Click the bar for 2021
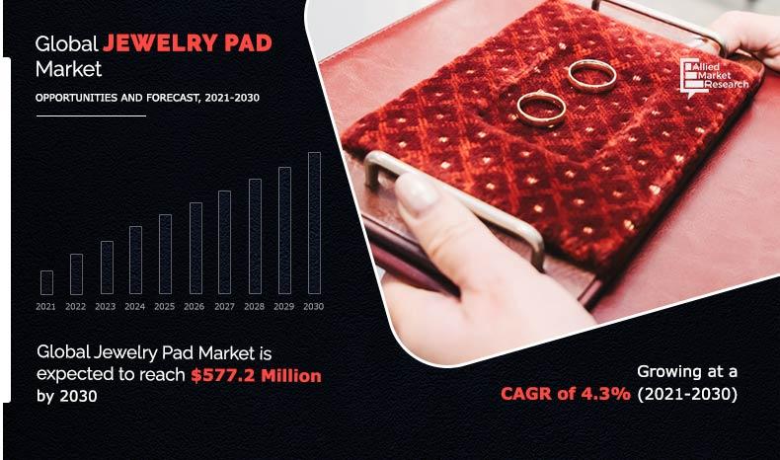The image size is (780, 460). point(46,282)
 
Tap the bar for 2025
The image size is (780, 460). point(165,254)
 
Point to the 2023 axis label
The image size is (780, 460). point(106,307)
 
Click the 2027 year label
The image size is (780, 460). point(224,307)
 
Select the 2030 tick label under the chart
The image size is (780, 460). point(314,307)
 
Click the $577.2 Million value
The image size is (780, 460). point(257,376)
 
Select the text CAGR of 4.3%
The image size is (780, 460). point(565,394)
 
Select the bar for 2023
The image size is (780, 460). point(106,268)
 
